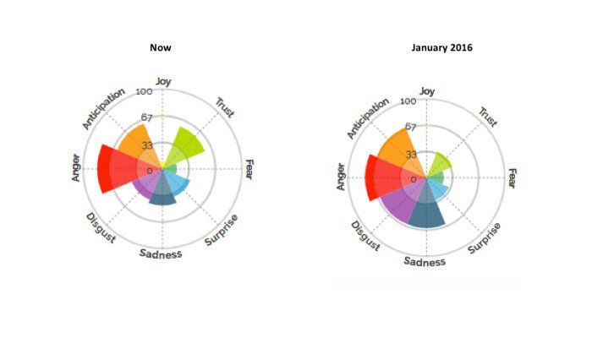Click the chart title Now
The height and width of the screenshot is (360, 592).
(x=161, y=47)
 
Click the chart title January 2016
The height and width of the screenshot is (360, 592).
(x=441, y=47)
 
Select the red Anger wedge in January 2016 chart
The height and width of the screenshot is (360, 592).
(x=385, y=178)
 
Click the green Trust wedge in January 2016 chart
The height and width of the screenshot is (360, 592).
(x=440, y=164)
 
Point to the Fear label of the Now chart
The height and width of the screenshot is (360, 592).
(x=249, y=169)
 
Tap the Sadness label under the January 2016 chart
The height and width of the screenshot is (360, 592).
(x=425, y=261)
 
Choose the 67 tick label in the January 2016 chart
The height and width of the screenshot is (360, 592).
(x=411, y=128)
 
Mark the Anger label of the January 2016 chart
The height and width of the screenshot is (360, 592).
(x=342, y=177)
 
